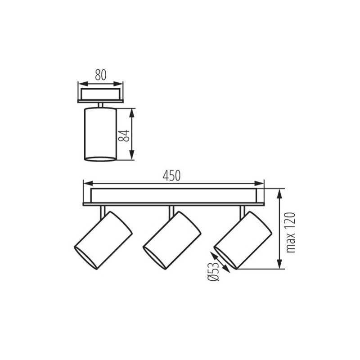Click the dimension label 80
coord(101,75)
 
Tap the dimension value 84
coord(124,135)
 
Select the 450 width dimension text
coord(172,176)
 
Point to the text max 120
coord(290,232)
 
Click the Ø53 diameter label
coord(213,271)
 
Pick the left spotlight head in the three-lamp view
coord(103,240)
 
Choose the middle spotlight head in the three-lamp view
coord(172,240)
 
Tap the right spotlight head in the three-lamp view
coord(243,240)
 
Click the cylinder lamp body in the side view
coord(100,134)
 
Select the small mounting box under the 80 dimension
coord(100,95)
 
